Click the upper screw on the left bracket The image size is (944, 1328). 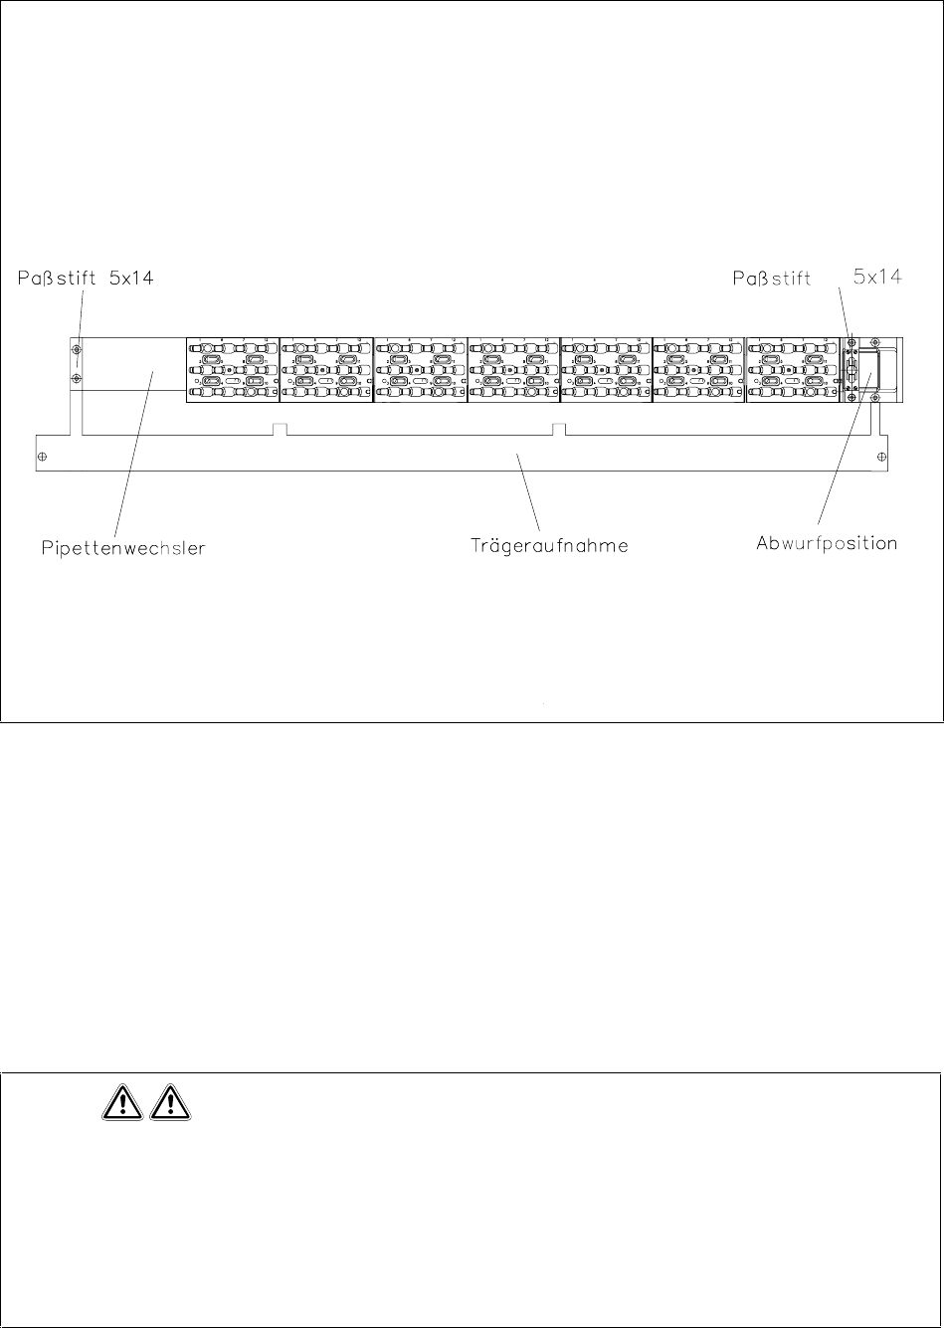pyautogui.click(x=76, y=350)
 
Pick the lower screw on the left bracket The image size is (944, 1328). pyautogui.click(x=76, y=379)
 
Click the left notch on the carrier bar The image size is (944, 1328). pyautogui.click(x=281, y=429)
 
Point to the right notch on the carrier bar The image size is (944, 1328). pyautogui.click(x=559, y=429)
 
